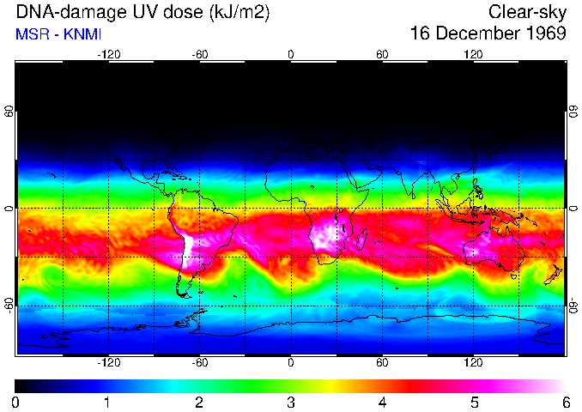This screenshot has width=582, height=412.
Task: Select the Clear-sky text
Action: (x=527, y=13)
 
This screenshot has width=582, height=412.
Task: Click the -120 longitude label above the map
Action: (x=108, y=54)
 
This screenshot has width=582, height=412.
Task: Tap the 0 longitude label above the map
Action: (x=291, y=54)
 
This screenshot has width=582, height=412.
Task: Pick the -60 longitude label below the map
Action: (x=199, y=363)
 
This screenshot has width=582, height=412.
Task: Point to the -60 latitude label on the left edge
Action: (x=9, y=306)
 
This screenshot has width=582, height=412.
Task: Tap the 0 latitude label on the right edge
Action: (x=573, y=209)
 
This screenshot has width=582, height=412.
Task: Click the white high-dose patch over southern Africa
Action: (x=324, y=236)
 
